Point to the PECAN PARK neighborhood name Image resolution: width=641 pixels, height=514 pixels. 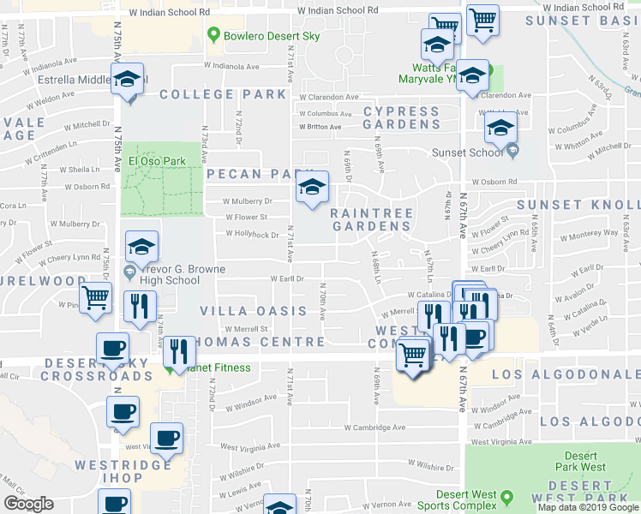(x=253, y=174)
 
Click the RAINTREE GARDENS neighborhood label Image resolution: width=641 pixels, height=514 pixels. (x=372, y=219)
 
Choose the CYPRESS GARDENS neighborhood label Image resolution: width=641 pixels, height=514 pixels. (x=401, y=118)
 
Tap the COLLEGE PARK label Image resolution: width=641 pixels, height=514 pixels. (x=222, y=94)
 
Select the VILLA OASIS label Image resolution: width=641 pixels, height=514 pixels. (x=253, y=311)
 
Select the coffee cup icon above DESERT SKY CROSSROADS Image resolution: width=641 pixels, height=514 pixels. (x=112, y=350)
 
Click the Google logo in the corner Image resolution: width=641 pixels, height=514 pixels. (x=28, y=504)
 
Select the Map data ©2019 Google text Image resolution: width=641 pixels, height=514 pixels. (x=588, y=507)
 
